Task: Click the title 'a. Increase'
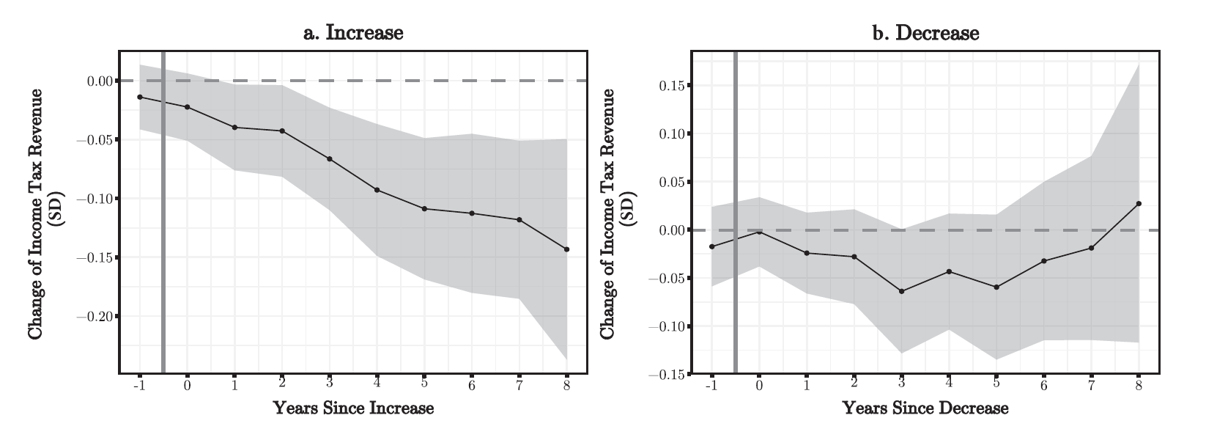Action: (353, 33)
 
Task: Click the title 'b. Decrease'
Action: (925, 33)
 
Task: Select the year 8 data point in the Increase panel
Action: (566, 249)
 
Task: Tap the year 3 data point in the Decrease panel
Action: (901, 291)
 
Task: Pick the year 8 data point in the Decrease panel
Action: (1139, 203)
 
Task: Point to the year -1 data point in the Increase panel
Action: (139, 97)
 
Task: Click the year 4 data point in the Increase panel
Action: (377, 190)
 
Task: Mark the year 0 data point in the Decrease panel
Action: (759, 232)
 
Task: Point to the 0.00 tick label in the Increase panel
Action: (101, 81)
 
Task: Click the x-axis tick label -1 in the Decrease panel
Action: (711, 384)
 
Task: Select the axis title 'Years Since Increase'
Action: (353, 408)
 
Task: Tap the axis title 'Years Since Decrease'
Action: (925, 408)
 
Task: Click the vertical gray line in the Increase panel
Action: (163, 220)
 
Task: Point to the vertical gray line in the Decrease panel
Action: (735, 220)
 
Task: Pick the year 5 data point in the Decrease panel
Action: (996, 287)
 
